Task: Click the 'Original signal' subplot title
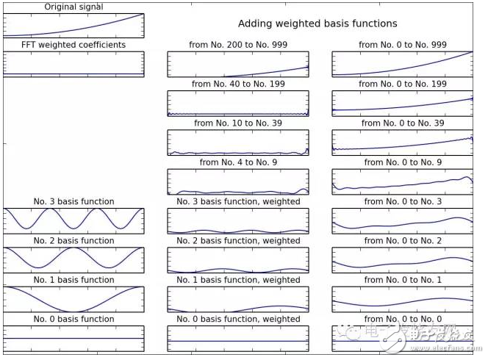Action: click(73, 7)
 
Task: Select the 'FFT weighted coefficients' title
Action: click(73, 45)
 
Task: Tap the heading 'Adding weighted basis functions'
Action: click(317, 24)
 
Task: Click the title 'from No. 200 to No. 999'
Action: click(237, 45)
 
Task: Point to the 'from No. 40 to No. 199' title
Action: click(237, 84)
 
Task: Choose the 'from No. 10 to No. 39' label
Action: click(237, 123)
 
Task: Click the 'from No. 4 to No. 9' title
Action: click(237, 162)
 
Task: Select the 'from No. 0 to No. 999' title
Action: click(402, 45)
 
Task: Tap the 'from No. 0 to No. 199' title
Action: click(402, 84)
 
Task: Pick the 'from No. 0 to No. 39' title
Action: click(402, 123)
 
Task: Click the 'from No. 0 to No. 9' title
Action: click(402, 162)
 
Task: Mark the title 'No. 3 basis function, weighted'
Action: click(238, 201)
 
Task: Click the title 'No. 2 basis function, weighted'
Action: click(238, 240)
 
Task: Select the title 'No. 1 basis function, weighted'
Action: click(238, 279)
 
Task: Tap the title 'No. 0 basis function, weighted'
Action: click(238, 319)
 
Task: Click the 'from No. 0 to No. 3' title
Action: click(402, 201)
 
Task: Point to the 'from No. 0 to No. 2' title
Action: click(402, 240)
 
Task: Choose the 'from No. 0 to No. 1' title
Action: click(402, 279)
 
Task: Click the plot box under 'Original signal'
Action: click(73, 25)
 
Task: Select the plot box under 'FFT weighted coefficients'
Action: click(73, 63)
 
